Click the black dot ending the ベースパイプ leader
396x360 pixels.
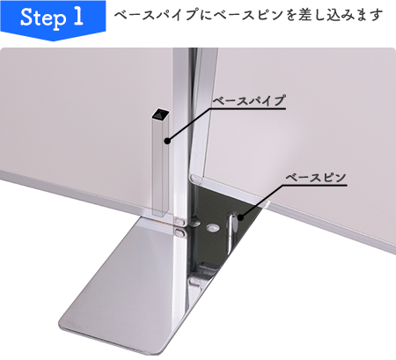[x=166, y=137]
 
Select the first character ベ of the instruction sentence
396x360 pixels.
[x=121, y=16]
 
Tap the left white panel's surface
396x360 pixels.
[x=70, y=132]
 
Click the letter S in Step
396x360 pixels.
[x=24, y=18]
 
